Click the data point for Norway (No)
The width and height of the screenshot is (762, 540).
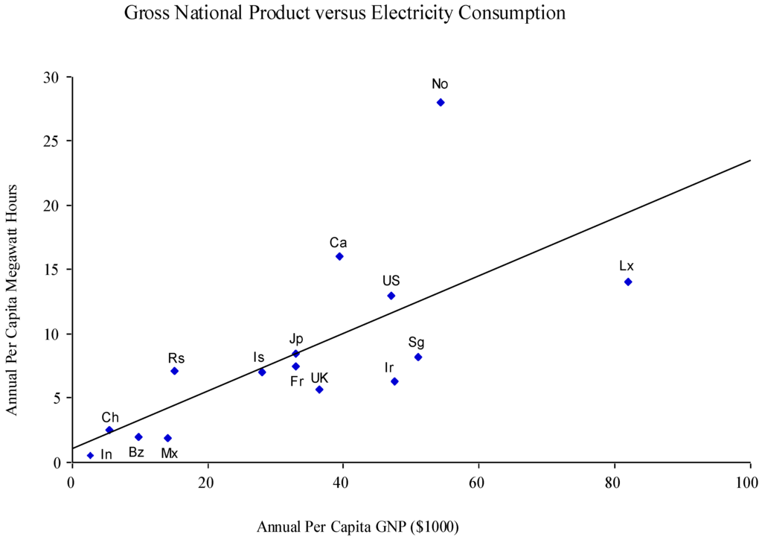pyautogui.click(x=441, y=102)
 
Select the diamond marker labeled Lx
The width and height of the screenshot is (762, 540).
pyautogui.click(x=628, y=282)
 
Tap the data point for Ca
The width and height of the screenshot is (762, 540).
pyautogui.click(x=339, y=256)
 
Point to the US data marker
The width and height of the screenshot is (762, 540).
pyautogui.click(x=391, y=296)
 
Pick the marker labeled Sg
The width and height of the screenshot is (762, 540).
pyautogui.click(x=418, y=357)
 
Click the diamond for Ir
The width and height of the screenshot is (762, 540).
pyautogui.click(x=394, y=381)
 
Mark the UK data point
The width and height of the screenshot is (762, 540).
pyautogui.click(x=319, y=390)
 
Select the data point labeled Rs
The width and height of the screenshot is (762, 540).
pyautogui.click(x=174, y=371)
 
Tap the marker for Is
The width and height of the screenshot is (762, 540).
pyautogui.click(x=262, y=372)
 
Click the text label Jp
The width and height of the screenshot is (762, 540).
pyautogui.click(x=296, y=339)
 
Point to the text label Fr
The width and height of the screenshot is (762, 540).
pyautogui.click(x=297, y=382)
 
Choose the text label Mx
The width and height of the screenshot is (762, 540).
pyautogui.click(x=170, y=453)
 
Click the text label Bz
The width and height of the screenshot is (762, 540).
pyautogui.click(x=136, y=452)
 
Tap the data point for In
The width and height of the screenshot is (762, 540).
pyautogui.click(x=90, y=455)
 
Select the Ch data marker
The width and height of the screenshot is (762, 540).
pyautogui.click(x=109, y=430)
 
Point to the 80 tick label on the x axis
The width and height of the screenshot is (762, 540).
pyautogui.click(x=614, y=480)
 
